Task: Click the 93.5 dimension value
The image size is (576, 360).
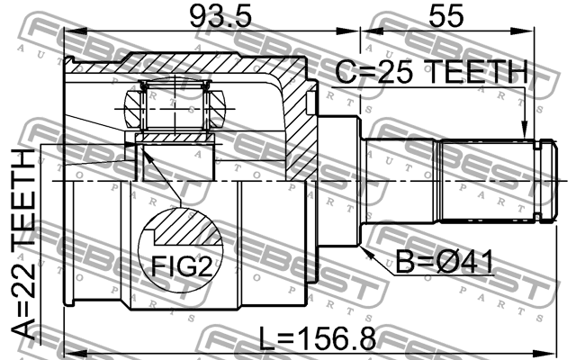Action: (220, 16)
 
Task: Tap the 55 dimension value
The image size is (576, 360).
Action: (446, 16)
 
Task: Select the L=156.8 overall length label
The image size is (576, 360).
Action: (318, 338)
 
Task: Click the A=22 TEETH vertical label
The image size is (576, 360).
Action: (22, 244)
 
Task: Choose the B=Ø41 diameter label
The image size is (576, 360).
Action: (445, 262)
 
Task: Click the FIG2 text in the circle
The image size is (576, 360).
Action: (182, 266)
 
